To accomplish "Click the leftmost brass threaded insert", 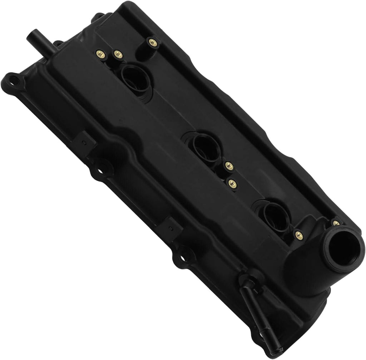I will click(99, 54).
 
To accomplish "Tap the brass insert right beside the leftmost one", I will click(118, 55).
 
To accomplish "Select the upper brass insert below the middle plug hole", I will click(229, 165).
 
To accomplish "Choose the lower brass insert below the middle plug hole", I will click(233, 183).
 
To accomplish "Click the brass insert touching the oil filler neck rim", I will click(336, 223).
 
